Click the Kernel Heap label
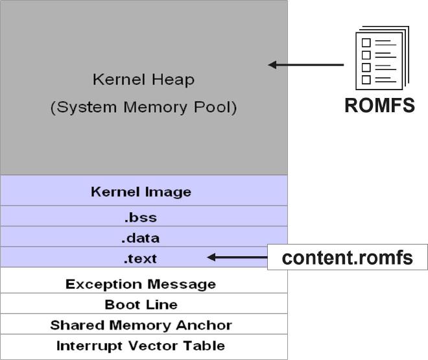click(x=143, y=80)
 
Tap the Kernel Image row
click(x=141, y=192)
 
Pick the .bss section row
click(x=141, y=217)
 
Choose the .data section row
click(x=141, y=238)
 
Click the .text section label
click(x=141, y=259)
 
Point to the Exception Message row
click(x=141, y=284)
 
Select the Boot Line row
click(x=141, y=304)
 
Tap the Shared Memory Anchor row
click(x=141, y=325)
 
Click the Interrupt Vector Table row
click(x=141, y=346)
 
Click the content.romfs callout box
click(x=348, y=258)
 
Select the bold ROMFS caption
click(x=379, y=106)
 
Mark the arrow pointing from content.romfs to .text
click(x=237, y=258)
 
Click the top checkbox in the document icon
click(x=366, y=43)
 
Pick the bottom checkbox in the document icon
click(x=366, y=80)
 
